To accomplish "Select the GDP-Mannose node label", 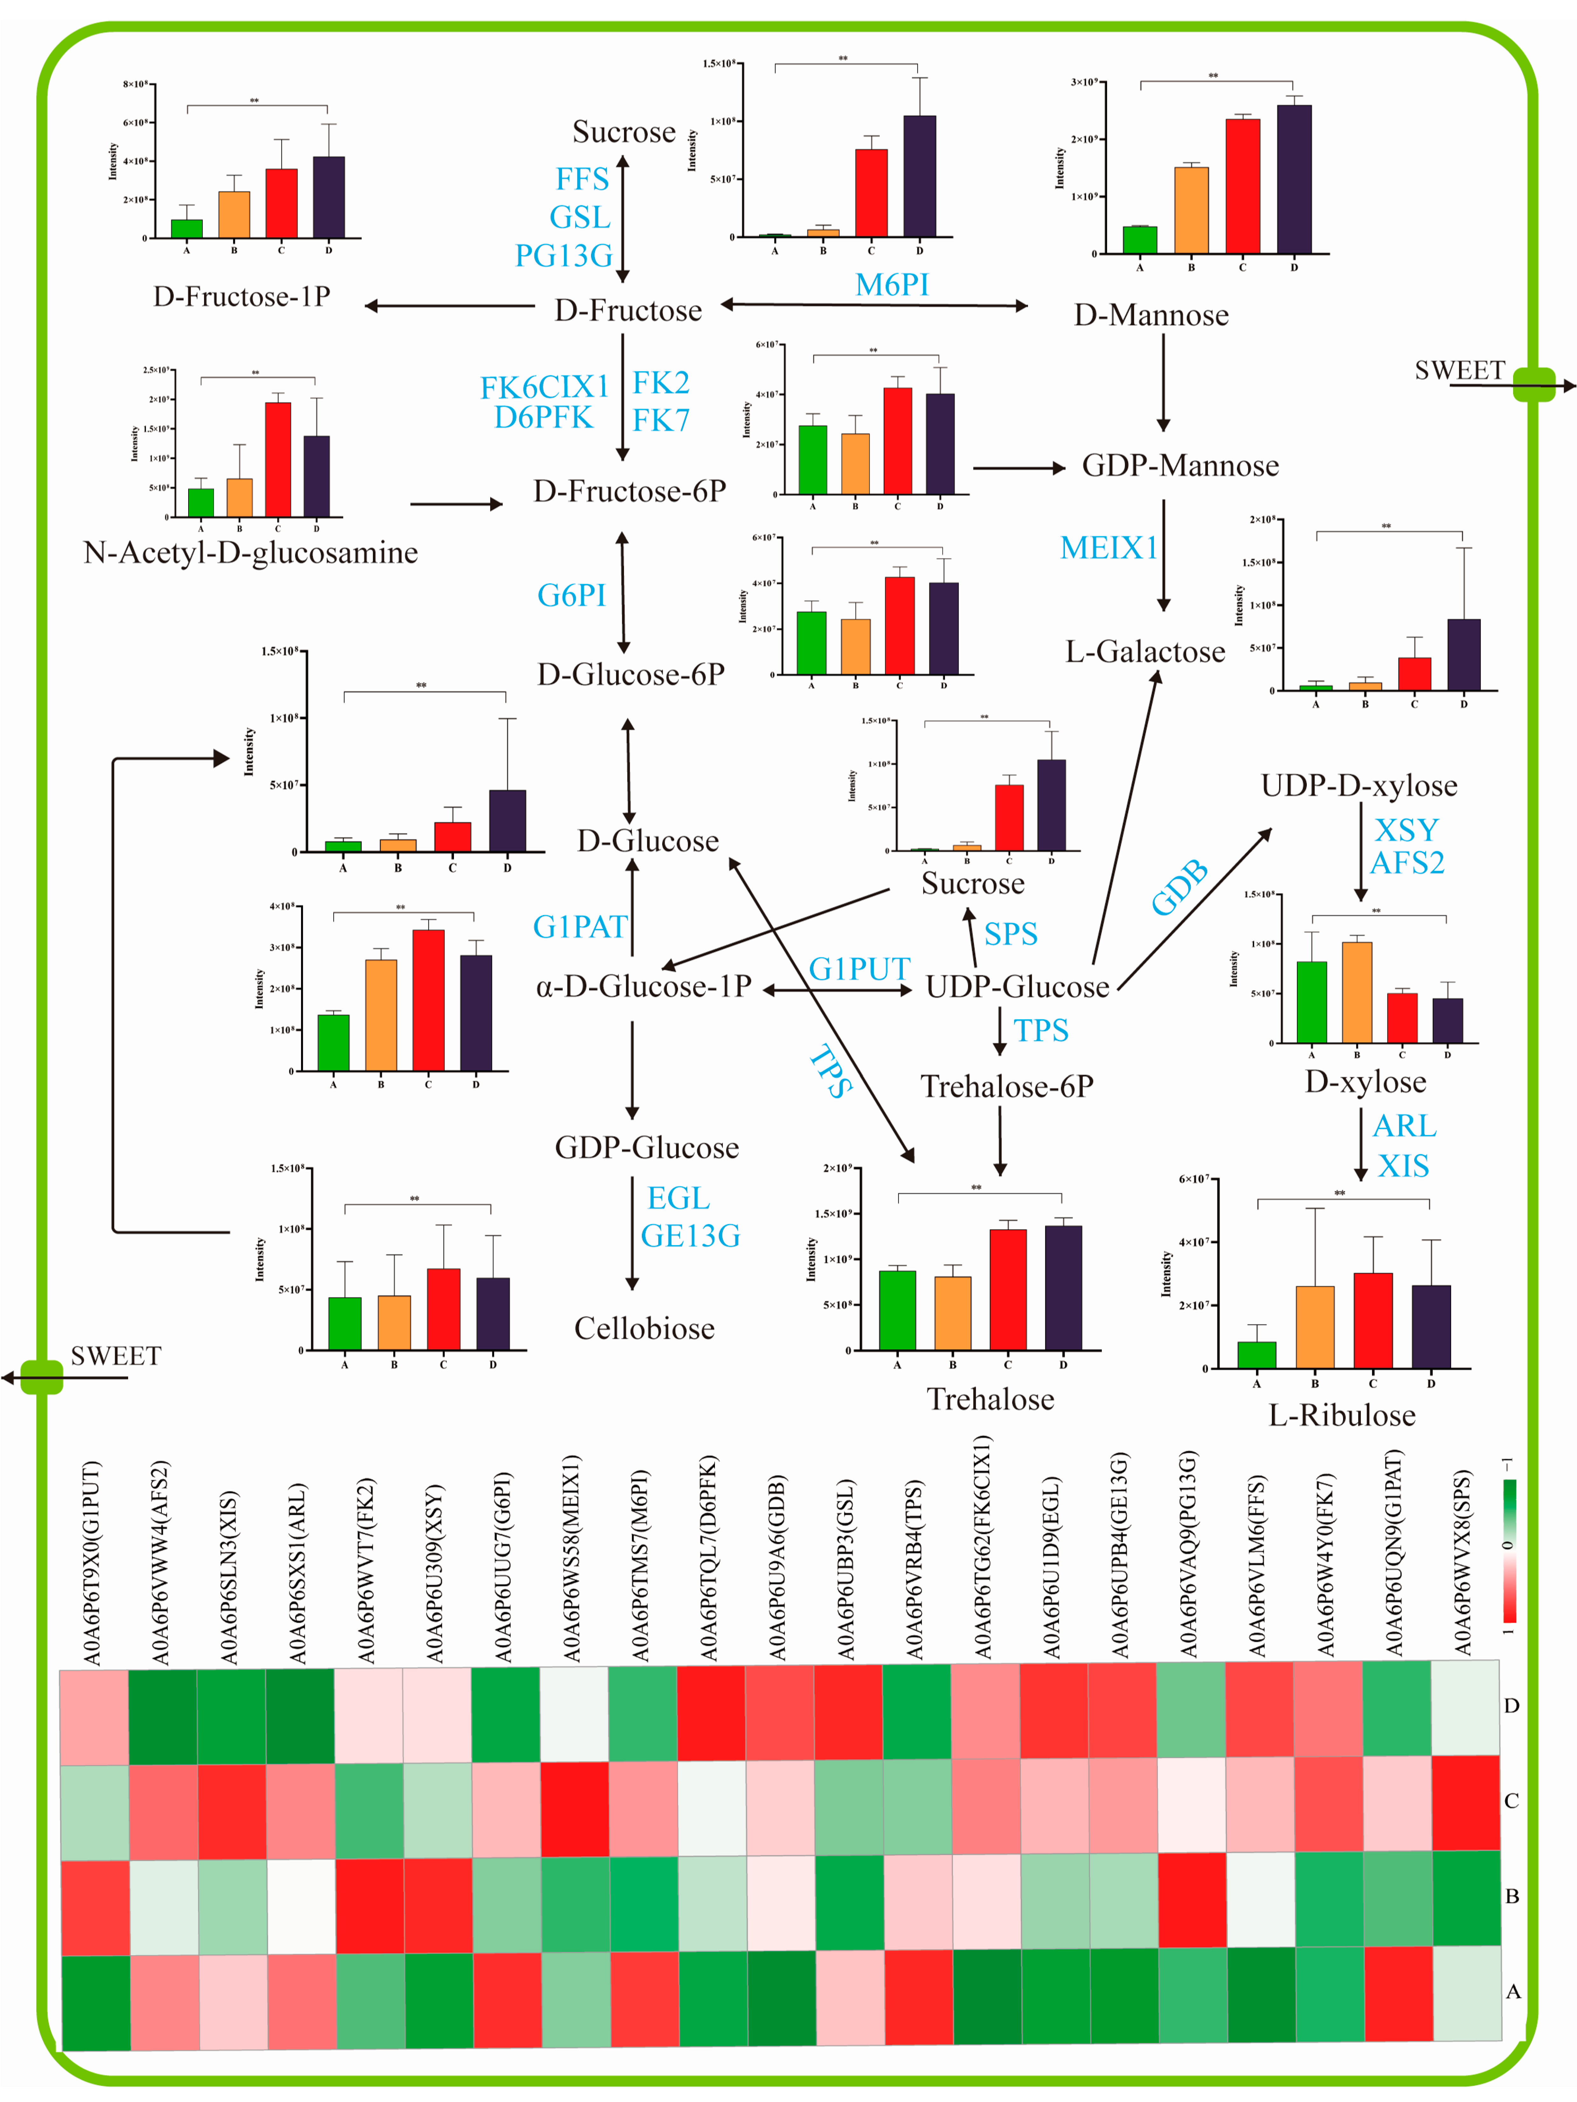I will coord(1180,466).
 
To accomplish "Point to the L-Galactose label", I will coord(1145,652).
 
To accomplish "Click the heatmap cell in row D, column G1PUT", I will coord(94,1717).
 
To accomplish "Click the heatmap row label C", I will coord(1512,1801).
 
